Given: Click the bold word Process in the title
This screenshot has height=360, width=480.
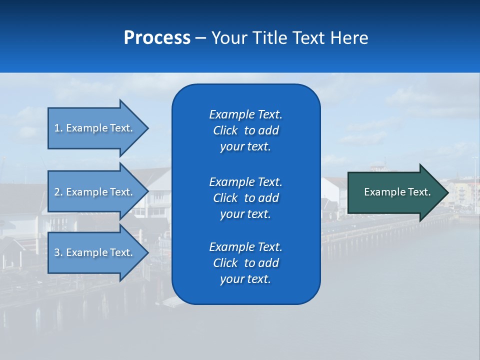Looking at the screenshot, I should [x=157, y=38].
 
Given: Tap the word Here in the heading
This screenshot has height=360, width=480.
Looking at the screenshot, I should [x=349, y=38].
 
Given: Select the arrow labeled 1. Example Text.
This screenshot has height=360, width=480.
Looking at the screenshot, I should [x=95, y=128].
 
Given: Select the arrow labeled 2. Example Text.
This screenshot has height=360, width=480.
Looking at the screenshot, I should [x=95, y=192].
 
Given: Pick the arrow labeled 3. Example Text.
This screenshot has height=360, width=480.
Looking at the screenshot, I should [x=95, y=252].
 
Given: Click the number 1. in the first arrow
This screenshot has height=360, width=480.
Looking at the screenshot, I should [x=58, y=128].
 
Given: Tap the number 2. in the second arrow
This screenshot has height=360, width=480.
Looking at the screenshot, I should [x=58, y=192].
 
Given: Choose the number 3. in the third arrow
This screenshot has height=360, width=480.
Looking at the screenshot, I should [x=58, y=252].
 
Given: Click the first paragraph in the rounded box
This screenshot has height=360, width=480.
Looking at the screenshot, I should [x=245, y=130].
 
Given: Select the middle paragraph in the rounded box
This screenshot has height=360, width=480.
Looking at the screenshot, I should [x=245, y=197].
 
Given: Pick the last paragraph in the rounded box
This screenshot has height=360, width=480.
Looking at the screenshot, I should [x=245, y=263].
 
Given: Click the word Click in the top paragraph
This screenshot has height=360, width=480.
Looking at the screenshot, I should [x=225, y=130].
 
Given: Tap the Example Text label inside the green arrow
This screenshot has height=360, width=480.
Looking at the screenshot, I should [x=397, y=192].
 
